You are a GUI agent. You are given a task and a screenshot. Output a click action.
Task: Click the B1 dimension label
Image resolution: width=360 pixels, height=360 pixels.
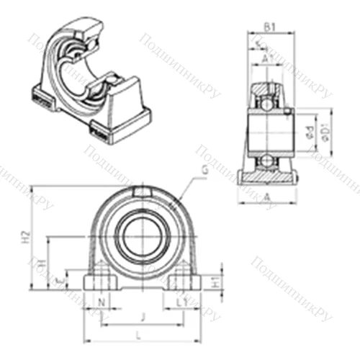click(x=268, y=27)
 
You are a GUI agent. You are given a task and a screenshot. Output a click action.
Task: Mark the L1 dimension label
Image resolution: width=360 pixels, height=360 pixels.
click(x=180, y=301)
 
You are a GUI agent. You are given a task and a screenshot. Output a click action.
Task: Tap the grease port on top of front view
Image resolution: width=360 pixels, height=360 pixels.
click(x=141, y=192)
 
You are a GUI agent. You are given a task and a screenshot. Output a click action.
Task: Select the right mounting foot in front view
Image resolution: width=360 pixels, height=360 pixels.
click(x=184, y=280)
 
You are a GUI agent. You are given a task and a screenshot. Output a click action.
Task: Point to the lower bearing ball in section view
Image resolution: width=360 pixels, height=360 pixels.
click(x=267, y=160)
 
